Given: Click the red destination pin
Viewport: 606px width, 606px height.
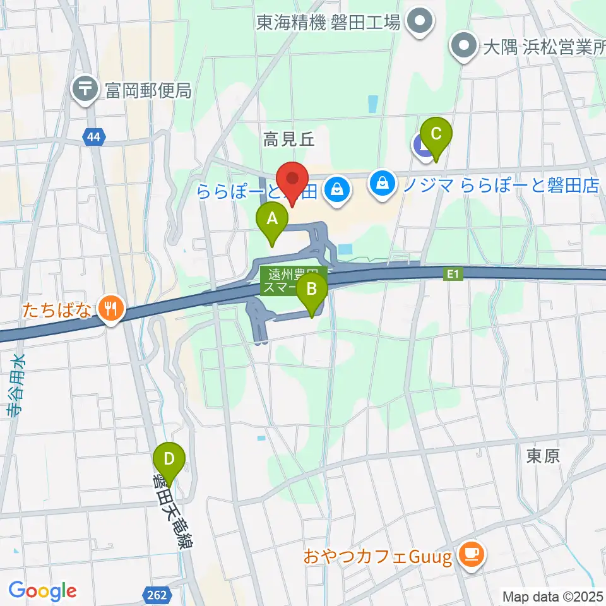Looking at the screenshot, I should (292, 180).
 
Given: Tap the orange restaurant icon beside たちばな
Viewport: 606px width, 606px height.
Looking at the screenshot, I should (112, 309).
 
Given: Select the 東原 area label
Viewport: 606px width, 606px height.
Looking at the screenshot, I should (543, 456).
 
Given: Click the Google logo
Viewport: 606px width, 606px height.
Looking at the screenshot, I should (42, 591).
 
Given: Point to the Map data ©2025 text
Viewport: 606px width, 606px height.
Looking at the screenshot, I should (553, 595).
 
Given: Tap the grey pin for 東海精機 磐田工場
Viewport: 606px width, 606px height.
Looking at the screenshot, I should (417, 22).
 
